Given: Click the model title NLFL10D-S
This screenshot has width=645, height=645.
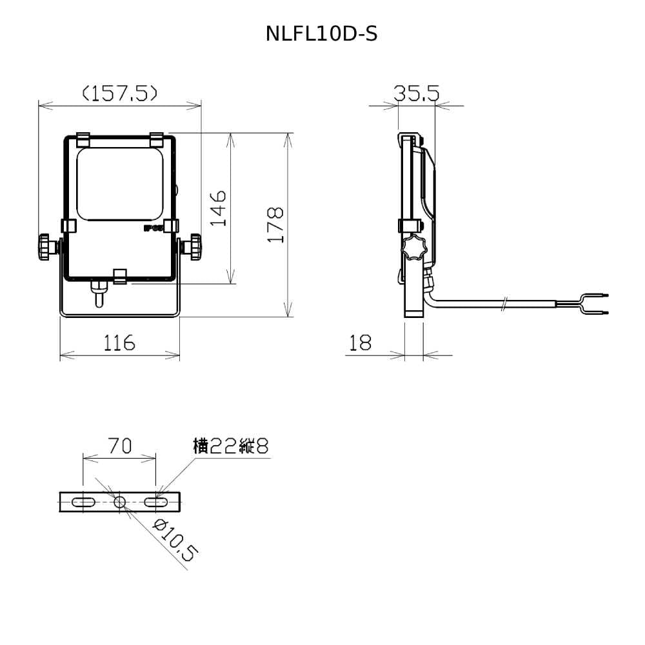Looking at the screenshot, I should pyautogui.click(x=321, y=34).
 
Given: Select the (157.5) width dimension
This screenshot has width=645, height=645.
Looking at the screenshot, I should pyautogui.click(x=120, y=94).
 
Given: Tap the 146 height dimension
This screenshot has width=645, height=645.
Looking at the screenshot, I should pyautogui.click(x=218, y=208).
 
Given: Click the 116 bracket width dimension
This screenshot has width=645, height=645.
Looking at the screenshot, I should pyautogui.click(x=119, y=342).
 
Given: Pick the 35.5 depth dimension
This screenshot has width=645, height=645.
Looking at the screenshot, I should pyautogui.click(x=416, y=94).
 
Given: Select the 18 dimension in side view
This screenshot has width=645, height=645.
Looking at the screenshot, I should pyautogui.click(x=360, y=342).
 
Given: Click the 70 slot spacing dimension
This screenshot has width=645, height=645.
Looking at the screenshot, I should pyautogui.click(x=120, y=445).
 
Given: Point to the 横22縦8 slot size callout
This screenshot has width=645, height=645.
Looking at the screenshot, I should pyautogui.click(x=230, y=446).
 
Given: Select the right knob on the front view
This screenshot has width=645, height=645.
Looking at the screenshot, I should pyautogui.click(x=192, y=247).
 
